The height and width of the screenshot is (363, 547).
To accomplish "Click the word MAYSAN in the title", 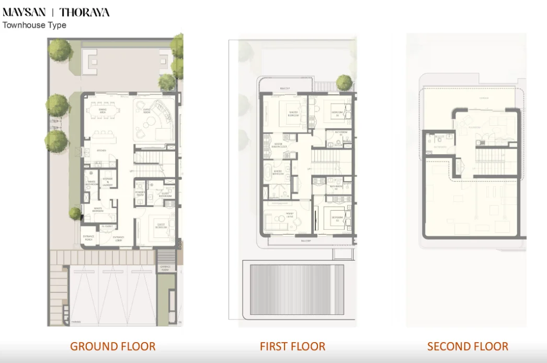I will (x=24, y=13).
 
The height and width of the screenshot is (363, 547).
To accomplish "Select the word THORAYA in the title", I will (x=85, y=13).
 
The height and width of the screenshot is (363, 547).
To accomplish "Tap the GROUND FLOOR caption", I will (x=112, y=346).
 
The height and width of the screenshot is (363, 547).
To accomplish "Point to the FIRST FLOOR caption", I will (x=292, y=346).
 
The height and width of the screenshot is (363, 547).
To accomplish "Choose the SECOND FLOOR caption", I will (x=468, y=346).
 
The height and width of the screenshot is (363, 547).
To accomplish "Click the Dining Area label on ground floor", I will (x=103, y=111).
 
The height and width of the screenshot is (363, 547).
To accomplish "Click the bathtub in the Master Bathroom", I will (x=269, y=172).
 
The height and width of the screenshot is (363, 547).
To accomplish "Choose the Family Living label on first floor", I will (x=289, y=215).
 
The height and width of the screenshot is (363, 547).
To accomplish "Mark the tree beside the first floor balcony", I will (x=344, y=82).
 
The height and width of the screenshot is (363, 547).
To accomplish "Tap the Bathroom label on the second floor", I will (x=439, y=147).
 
